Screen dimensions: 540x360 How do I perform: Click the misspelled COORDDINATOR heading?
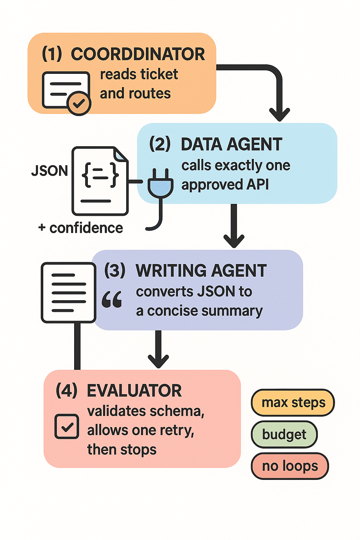[x=138, y=54]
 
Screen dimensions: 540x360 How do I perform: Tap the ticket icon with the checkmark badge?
[x=66, y=93]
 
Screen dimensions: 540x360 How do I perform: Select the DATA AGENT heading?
[x=231, y=144]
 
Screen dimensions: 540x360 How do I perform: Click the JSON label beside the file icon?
[x=50, y=171]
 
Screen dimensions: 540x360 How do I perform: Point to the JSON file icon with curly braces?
[x=100, y=181]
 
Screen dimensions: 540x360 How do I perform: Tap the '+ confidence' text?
[x=81, y=228]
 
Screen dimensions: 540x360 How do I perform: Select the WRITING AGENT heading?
[x=201, y=271]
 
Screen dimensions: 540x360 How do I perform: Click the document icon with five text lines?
[x=69, y=292]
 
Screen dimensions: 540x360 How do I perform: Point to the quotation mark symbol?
[x=112, y=300]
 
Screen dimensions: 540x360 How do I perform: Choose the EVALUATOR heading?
[x=134, y=391]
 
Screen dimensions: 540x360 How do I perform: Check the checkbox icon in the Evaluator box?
[x=67, y=426]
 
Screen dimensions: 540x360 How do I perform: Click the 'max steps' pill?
[x=293, y=403]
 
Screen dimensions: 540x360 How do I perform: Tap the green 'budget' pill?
[x=284, y=435]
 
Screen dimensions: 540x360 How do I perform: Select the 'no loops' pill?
[x=290, y=466]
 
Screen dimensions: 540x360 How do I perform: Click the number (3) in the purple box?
[x=115, y=271]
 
